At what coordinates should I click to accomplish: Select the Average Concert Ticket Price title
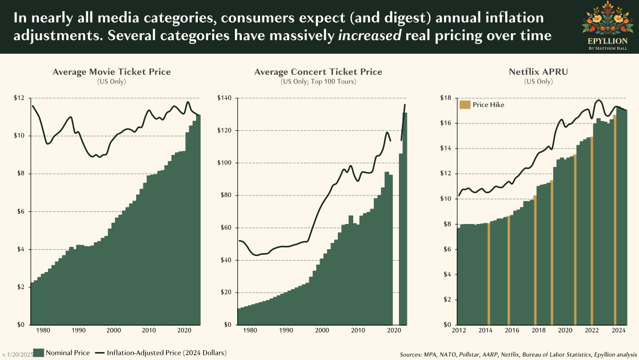[318, 72]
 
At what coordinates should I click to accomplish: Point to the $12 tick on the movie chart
[19, 98]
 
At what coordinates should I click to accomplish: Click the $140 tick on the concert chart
[225, 98]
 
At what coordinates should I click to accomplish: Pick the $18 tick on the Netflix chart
[446, 98]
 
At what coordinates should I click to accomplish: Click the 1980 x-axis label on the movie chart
[43, 330]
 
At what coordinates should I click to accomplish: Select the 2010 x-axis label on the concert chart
[357, 330]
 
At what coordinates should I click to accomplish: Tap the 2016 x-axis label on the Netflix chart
[512, 330]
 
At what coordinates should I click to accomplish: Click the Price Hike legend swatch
[465, 105]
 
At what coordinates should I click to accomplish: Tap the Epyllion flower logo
[608, 19]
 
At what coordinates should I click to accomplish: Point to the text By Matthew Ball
[608, 49]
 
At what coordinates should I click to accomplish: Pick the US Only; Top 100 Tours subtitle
[318, 82]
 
